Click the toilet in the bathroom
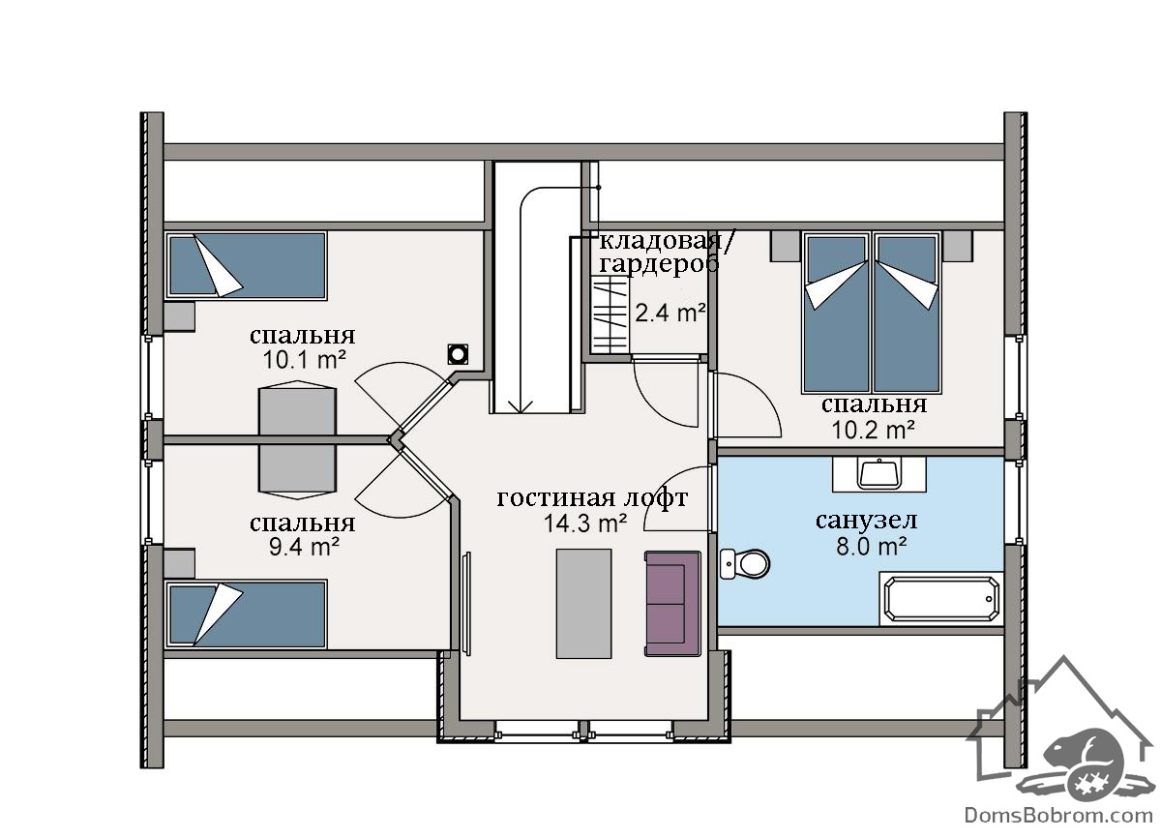[745, 564]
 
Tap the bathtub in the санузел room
[941, 599]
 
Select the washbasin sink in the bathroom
[879, 474]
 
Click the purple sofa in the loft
[672, 604]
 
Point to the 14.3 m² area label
[585, 524]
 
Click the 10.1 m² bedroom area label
[304, 360]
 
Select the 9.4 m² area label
[304, 547]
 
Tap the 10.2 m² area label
[874, 430]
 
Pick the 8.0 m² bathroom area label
[872, 546]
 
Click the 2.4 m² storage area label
[670, 313]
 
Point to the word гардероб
[659, 265]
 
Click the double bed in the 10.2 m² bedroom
[872, 313]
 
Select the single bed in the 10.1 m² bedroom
[246, 265]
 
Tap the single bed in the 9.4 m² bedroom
[246, 614]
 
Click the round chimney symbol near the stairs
[458, 354]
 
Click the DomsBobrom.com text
[1058, 818]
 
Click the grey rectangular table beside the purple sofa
[583, 604]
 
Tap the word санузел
[867, 521]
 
